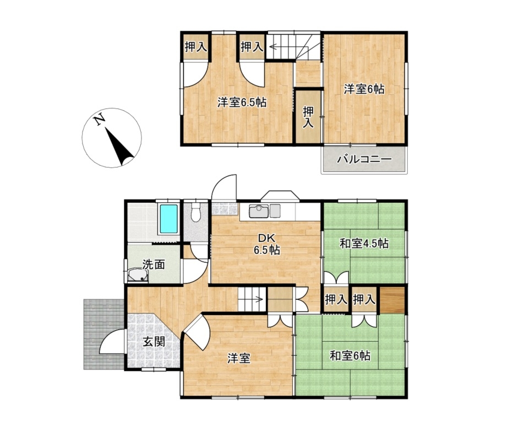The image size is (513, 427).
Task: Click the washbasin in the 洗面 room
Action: [x=138, y=275]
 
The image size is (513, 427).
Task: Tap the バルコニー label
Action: [x=364, y=160]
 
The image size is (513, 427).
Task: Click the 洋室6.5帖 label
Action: [x=242, y=103]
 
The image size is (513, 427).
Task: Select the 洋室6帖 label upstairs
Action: [x=364, y=89]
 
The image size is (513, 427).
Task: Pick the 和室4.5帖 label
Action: [x=364, y=244]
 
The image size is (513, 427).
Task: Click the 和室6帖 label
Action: [x=350, y=355]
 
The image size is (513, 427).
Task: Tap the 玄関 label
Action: [x=154, y=342]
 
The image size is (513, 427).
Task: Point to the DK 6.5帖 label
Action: [x=267, y=244]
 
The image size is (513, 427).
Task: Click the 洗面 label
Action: [x=154, y=264]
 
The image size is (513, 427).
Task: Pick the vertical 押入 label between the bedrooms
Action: [x=308, y=117]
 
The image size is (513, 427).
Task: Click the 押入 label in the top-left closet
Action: [x=195, y=47]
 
